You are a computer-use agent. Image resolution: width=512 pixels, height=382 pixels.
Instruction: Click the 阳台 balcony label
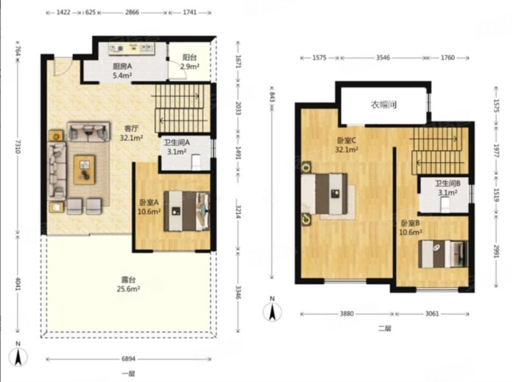click(189, 58)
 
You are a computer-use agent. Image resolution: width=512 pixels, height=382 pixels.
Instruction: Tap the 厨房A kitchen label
click(122, 67)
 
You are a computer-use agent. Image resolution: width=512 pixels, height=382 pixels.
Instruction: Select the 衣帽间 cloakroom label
click(383, 105)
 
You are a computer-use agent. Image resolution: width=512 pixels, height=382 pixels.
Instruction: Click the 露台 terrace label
click(129, 280)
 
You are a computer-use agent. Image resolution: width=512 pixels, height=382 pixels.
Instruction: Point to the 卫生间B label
click(447, 184)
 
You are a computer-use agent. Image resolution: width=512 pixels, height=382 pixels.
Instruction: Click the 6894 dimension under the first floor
click(129, 359)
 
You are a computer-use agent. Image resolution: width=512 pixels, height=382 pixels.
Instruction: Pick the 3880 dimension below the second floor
click(346, 314)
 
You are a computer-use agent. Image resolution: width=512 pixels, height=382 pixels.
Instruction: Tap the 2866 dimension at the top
click(132, 12)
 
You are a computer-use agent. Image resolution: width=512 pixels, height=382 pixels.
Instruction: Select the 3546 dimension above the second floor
click(383, 58)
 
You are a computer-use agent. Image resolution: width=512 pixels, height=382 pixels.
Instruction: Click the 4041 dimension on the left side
click(18, 284)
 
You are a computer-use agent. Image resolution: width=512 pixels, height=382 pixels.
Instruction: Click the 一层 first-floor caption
click(129, 374)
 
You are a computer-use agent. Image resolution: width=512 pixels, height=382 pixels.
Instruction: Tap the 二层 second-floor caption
click(385, 328)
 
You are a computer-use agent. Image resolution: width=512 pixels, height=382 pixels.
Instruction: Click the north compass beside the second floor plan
click(272, 310)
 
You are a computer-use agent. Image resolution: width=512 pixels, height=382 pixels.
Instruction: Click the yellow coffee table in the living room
click(84, 170)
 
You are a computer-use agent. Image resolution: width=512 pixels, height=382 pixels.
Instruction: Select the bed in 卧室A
click(186, 211)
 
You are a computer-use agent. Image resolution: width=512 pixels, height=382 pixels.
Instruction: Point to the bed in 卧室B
click(443, 254)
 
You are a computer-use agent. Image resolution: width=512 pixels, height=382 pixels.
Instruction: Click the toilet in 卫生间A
click(196, 163)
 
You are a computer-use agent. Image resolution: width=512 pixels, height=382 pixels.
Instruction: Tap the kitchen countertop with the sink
click(132, 49)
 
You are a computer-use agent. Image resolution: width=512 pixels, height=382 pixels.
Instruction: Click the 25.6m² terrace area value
click(129, 289)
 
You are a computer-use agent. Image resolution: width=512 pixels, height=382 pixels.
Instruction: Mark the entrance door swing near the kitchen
click(61, 67)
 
